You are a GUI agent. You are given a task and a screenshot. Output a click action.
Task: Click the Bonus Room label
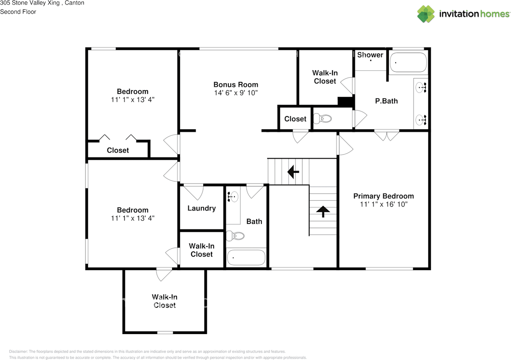(236, 85)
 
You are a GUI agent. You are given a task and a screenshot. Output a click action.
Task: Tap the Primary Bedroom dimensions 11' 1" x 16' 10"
(384, 204)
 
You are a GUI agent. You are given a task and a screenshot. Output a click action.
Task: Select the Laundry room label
(202, 208)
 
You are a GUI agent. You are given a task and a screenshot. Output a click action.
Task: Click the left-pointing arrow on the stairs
(293, 172)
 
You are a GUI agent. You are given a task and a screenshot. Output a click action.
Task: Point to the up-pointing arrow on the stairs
(323, 212)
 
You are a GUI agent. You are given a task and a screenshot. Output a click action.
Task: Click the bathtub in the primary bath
(408, 62)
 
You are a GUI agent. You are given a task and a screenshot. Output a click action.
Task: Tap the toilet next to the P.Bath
(323, 119)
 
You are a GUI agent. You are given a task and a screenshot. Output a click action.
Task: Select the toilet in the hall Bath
(235, 235)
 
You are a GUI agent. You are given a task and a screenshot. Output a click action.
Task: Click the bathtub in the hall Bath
(246, 258)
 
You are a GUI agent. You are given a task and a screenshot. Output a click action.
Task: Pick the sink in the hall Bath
(233, 197)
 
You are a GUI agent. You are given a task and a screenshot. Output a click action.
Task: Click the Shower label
(370, 55)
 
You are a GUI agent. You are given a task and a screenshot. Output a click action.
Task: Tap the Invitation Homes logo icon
(426, 14)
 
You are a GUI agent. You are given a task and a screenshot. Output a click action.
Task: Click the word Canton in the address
(74, 3)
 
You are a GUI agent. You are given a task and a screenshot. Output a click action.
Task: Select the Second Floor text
(18, 12)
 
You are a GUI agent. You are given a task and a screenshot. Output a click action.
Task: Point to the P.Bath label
(386, 101)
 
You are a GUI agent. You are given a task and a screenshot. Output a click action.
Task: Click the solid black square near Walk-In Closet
(345, 101)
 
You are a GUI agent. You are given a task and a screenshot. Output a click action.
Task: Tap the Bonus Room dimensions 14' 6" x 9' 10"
(236, 93)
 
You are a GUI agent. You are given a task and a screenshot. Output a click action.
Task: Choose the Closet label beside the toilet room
(295, 119)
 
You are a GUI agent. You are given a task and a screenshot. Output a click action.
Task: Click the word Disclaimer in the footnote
(18, 352)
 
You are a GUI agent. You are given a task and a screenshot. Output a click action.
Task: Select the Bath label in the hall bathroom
(254, 222)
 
